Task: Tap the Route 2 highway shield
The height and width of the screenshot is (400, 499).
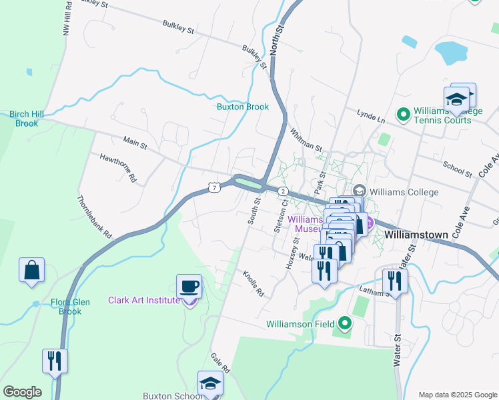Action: click(x=283, y=191)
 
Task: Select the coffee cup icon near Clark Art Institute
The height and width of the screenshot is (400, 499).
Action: click(x=189, y=287)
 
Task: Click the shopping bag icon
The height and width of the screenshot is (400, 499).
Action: click(x=31, y=270)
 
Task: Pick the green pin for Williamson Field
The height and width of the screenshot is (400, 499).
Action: click(x=345, y=324)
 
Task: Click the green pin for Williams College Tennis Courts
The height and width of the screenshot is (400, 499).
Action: click(x=403, y=115)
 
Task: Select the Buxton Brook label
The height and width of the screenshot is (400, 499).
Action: click(x=243, y=107)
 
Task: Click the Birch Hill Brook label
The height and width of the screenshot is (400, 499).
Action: click(x=27, y=119)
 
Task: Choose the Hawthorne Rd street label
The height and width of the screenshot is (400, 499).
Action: click(x=118, y=169)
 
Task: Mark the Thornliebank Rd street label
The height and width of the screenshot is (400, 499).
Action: click(x=94, y=218)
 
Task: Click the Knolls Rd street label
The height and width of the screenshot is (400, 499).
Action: click(x=254, y=284)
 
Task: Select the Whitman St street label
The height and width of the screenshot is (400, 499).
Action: click(x=306, y=139)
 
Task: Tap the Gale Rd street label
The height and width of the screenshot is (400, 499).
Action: click(x=220, y=363)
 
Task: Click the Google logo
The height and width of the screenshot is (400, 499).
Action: click(x=22, y=392)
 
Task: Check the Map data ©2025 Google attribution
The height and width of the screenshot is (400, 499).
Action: click(x=457, y=395)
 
